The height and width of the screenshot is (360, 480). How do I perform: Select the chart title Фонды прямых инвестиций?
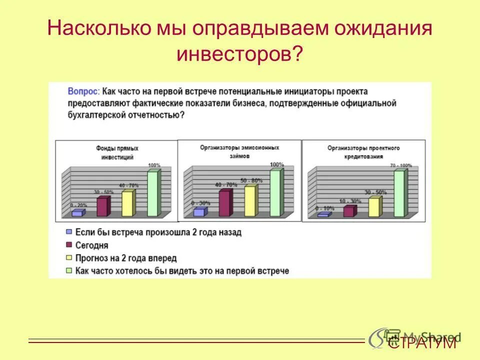pyautogui.click(x=117, y=152)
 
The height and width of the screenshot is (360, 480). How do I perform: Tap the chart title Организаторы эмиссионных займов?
pyautogui.click(x=239, y=151)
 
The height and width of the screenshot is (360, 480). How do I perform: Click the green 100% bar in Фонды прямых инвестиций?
pyautogui.click(x=153, y=193)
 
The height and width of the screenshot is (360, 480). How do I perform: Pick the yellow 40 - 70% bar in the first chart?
pyautogui.click(x=127, y=203)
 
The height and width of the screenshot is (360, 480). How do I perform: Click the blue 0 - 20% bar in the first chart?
pyautogui.click(x=77, y=213)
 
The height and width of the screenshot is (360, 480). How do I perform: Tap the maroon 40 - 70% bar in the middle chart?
pyautogui.click(x=224, y=202)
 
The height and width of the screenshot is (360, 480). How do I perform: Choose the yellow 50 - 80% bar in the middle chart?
pyautogui.click(x=250, y=201)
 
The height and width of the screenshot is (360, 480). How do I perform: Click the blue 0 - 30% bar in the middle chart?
pyautogui.click(x=199, y=212)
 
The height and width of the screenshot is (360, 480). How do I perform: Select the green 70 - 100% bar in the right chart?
pyautogui.click(x=399, y=193)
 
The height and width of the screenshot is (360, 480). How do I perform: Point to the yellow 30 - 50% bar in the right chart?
pyautogui.click(x=374, y=207)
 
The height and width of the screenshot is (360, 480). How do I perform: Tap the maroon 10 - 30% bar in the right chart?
pyautogui.click(x=348, y=211)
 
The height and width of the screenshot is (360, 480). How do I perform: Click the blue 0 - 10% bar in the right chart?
pyautogui.click(x=323, y=214)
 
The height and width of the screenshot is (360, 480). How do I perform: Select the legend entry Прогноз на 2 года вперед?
pyautogui.click(x=125, y=258)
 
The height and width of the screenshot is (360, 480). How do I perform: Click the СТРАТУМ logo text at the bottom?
pyautogui.click(x=423, y=343)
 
